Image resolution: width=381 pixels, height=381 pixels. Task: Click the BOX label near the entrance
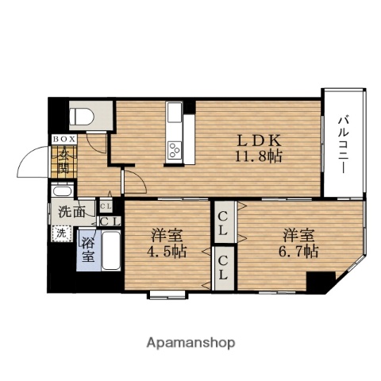pos(63,138)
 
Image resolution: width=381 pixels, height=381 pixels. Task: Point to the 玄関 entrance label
pos(63,161)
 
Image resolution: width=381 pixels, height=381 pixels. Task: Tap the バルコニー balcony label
pos(342,144)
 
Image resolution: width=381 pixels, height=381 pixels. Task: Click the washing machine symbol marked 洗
pos(61,233)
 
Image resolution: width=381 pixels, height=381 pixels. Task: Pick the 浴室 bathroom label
pos(88,248)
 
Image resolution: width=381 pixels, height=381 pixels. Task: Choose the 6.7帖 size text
pos(300,252)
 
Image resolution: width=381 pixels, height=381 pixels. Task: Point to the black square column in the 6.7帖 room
pos(321,282)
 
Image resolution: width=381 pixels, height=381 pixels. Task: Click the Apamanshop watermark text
pos(190,343)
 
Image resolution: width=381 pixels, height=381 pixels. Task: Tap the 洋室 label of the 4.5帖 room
pos(167,235)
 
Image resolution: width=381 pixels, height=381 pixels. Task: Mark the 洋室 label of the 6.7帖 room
pos(299,235)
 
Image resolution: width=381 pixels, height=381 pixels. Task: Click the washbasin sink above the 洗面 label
pos(61,193)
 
